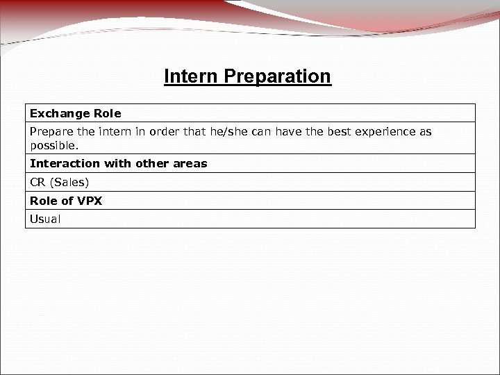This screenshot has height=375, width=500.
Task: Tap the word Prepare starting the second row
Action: coord(48,131)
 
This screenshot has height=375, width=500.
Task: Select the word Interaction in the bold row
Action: coord(65,164)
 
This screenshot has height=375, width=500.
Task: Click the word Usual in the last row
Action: coord(45,219)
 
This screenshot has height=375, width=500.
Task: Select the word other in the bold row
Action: coord(153,164)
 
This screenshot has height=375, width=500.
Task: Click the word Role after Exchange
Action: coord(106,113)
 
